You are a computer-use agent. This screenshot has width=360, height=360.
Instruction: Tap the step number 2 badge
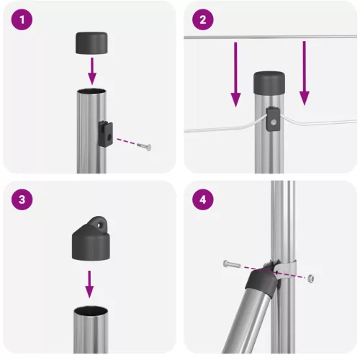coord(203,21)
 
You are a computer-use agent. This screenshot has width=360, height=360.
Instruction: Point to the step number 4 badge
coord(203,201)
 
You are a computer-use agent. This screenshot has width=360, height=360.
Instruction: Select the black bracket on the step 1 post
coord(105,132)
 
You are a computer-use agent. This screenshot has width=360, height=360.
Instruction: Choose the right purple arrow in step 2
coord(304,76)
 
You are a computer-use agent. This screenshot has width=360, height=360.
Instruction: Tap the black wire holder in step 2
coord(274,119)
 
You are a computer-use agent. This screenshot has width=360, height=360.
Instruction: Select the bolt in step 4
coord(232,264)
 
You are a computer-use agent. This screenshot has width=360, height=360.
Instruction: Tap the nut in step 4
coord(309,276)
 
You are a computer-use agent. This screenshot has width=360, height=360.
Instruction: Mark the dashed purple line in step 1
coord(126,141)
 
